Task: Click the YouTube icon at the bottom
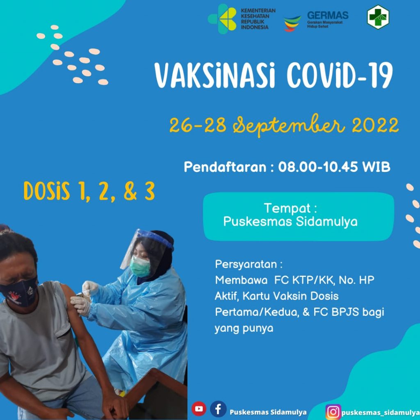(x=199, y=409)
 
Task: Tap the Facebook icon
(x=218, y=409)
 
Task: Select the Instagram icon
(x=333, y=412)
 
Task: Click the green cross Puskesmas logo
(x=378, y=17)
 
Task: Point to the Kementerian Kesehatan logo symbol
(x=222, y=19)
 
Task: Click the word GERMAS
(x=328, y=15)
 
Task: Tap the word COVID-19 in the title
(x=340, y=75)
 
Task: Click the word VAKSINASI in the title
(x=215, y=75)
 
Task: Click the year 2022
(x=375, y=126)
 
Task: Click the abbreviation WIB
(x=376, y=167)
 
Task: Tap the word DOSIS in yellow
(x=47, y=191)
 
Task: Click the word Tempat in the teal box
(x=287, y=208)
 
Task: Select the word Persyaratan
(x=246, y=265)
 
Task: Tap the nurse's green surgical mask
(x=140, y=267)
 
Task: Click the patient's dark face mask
(x=19, y=292)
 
